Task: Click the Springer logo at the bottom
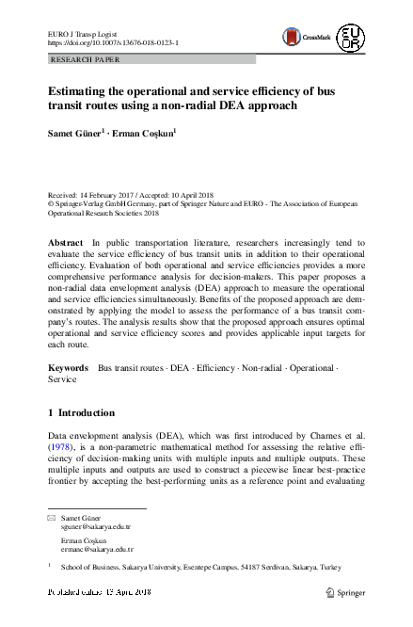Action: point(343,592)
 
